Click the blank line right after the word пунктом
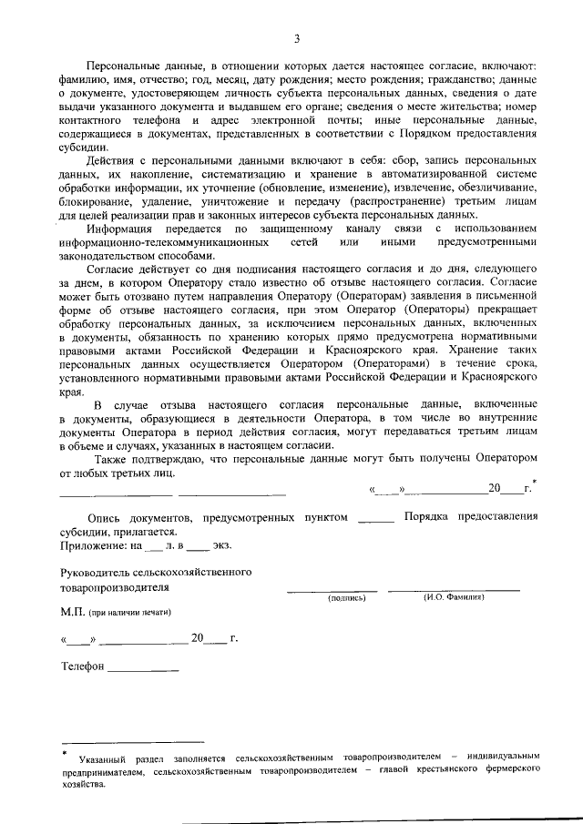click(x=376, y=517)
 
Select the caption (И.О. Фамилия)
click(x=454, y=598)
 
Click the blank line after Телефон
click(x=143, y=670)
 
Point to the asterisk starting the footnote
click(x=65, y=752)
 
